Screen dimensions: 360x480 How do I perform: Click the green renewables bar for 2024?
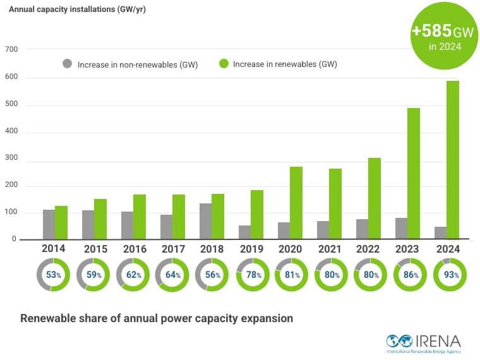click(453, 160)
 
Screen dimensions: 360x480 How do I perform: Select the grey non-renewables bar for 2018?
click(205, 222)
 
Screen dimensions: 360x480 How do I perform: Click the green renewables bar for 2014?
click(61, 223)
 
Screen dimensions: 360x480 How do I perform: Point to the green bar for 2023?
click(413, 174)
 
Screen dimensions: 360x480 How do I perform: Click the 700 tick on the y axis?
click(11, 49)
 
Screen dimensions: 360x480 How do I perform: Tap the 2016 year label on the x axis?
click(132, 249)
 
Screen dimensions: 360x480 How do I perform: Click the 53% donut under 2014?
click(54, 275)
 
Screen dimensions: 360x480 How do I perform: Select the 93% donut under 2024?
click(450, 275)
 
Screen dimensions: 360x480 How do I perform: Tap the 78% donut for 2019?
click(251, 275)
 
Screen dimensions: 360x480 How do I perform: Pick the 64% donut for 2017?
click(172, 275)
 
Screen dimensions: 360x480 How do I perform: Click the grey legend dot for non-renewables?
click(67, 64)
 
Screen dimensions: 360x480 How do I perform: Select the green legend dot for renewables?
click(223, 64)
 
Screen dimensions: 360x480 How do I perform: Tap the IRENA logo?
click(423, 342)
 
